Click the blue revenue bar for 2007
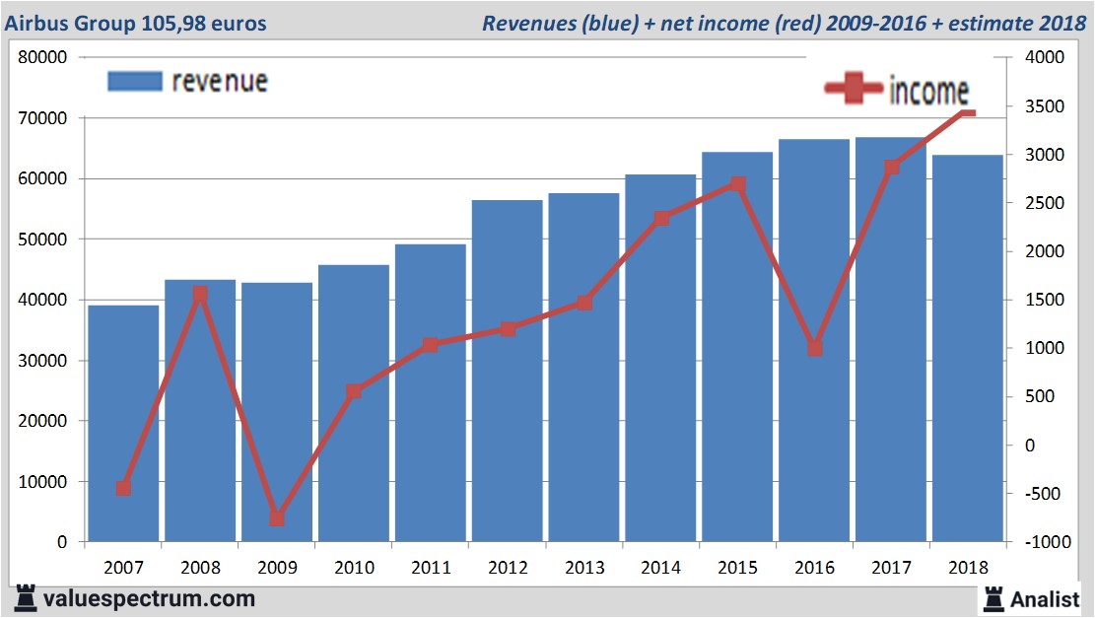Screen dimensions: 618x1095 123,424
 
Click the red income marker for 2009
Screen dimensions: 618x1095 277,518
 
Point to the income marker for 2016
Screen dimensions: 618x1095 814,348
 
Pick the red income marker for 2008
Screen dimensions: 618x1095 200,294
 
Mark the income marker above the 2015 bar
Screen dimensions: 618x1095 738,184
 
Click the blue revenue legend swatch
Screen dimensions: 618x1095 134,81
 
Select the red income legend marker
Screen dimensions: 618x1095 854,90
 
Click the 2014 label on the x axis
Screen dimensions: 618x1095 660,568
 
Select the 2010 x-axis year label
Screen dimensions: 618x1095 354,568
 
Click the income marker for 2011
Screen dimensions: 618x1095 431,345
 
